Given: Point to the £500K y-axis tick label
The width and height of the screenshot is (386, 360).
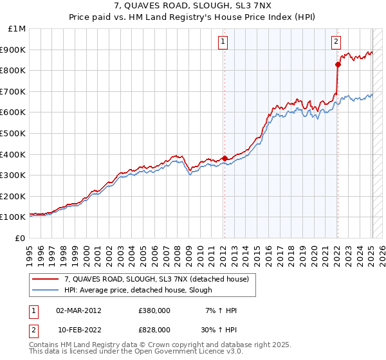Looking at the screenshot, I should tap(14, 134).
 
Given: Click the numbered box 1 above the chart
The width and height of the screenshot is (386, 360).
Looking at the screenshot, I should tap(223, 42).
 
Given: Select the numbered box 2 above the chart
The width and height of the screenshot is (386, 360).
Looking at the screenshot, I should tap(336, 42).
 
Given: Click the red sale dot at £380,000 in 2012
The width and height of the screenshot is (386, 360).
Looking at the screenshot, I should tap(225, 158).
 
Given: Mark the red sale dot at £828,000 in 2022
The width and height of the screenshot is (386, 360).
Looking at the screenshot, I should tap(337, 64).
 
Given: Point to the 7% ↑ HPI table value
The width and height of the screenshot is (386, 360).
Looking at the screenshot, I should tap(223, 310).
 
